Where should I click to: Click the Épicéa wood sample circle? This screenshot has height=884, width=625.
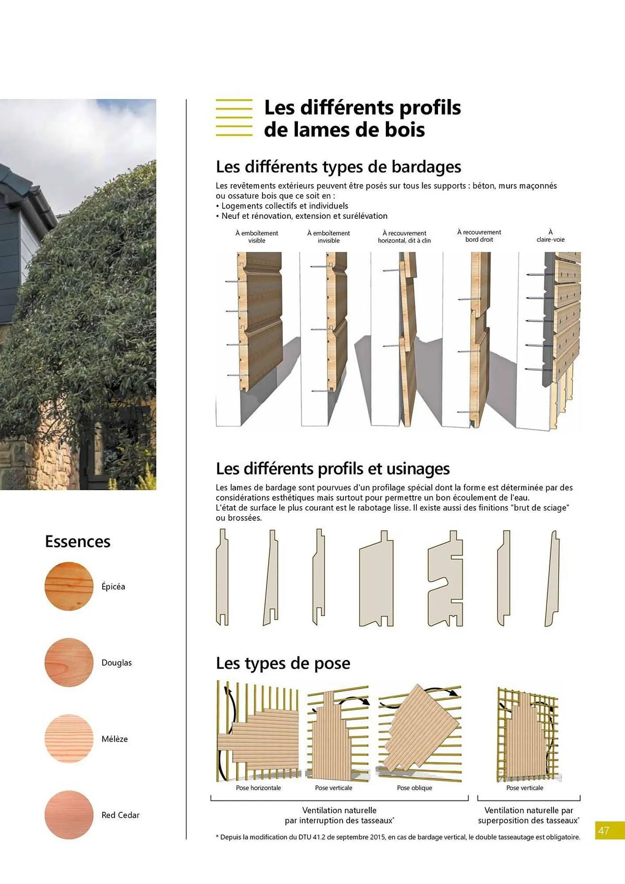(x=69, y=587)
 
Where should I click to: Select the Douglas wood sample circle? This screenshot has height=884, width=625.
(x=69, y=663)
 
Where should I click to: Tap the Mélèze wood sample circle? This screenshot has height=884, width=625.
(x=69, y=739)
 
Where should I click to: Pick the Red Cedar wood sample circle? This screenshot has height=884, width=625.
(x=69, y=815)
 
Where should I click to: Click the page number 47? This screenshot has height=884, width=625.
(x=603, y=831)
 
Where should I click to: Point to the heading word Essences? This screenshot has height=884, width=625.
(x=78, y=541)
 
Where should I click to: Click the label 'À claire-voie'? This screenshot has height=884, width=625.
(x=550, y=236)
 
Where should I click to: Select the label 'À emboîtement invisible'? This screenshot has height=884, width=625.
(x=328, y=237)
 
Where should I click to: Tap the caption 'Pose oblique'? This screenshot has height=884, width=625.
(x=414, y=788)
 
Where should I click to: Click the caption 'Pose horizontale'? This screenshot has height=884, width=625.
(x=258, y=788)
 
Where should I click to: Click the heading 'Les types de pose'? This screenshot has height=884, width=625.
(x=283, y=663)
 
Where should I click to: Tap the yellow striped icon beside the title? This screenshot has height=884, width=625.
(x=234, y=118)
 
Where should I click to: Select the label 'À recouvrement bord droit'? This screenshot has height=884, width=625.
(x=479, y=236)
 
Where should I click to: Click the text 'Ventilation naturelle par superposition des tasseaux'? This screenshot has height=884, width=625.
(x=529, y=815)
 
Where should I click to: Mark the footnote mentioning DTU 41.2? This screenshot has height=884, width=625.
(x=398, y=837)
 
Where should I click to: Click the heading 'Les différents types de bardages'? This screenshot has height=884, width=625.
(x=338, y=167)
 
